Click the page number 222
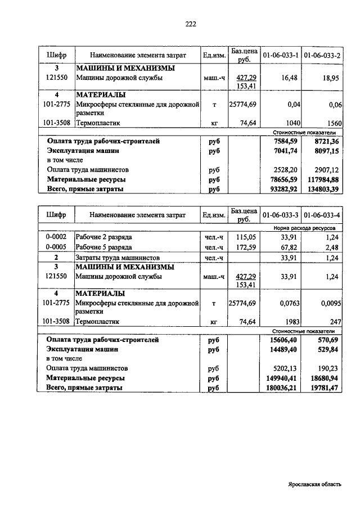[x=191, y=24]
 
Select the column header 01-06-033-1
[x=281, y=56]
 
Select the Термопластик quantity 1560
[x=334, y=122]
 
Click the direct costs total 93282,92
[x=283, y=189]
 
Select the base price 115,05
[x=246, y=237]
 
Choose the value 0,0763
[x=287, y=303]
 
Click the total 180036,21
[x=282, y=388]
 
